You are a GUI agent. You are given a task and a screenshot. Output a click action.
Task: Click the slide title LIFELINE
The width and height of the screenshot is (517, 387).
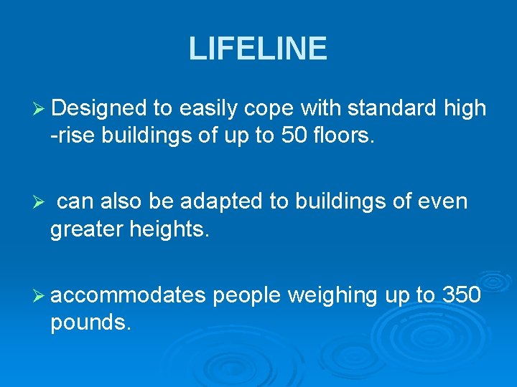coord(258,49)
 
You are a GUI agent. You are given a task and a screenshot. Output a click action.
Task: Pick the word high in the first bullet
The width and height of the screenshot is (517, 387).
coord(466,108)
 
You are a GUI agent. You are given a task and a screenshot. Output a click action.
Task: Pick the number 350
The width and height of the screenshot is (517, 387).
coord(461,295)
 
